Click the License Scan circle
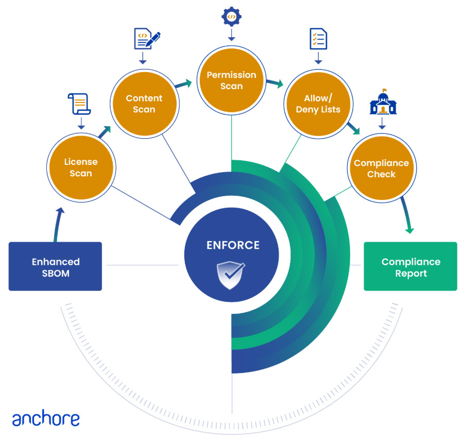click(x=81, y=167)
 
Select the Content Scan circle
click(x=145, y=104)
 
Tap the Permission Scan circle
click(x=232, y=80)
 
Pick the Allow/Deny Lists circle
click(x=319, y=104)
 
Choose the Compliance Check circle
click(x=382, y=168)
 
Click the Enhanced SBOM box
click(x=55, y=266)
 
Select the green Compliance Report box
click(x=410, y=266)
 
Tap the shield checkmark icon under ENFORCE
click(x=230, y=275)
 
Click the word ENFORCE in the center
click(x=233, y=245)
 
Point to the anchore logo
click(x=46, y=418)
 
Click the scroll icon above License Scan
click(x=79, y=104)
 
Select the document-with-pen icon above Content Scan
click(x=147, y=39)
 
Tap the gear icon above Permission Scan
click(x=231, y=16)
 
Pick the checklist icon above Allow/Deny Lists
click(x=318, y=39)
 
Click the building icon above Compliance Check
click(x=383, y=102)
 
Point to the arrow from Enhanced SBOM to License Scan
click(x=57, y=224)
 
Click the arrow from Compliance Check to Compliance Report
click(x=407, y=215)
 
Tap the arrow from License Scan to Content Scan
click(x=105, y=132)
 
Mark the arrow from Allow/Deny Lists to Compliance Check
click(x=353, y=128)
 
